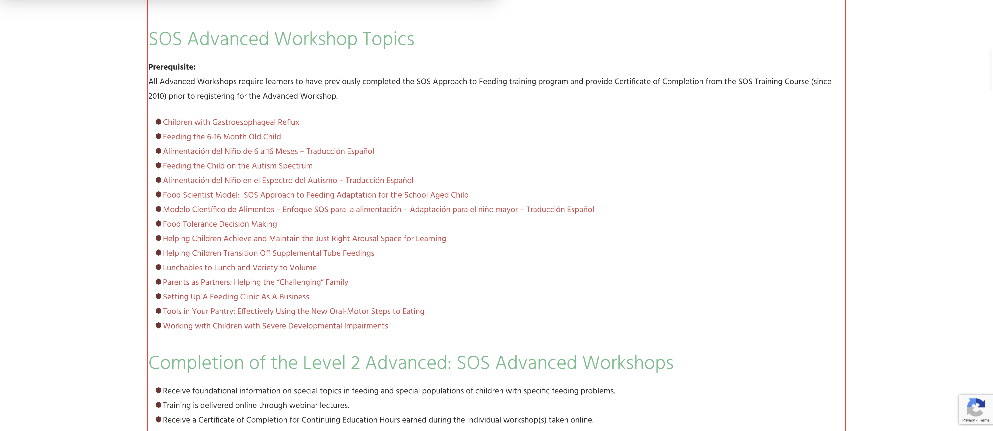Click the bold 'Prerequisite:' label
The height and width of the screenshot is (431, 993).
coord(172,67)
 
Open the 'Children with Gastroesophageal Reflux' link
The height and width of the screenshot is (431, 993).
coord(231,122)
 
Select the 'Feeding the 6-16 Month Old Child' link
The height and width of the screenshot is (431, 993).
coord(222,137)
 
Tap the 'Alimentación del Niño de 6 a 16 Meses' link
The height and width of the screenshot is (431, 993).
coord(268,151)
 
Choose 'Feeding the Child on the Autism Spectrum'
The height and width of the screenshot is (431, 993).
coord(237,166)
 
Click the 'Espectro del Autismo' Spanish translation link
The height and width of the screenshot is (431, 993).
coord(288,180)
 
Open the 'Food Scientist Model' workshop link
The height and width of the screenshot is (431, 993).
coord(316,195)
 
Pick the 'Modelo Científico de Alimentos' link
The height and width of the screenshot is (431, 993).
coord(378,209)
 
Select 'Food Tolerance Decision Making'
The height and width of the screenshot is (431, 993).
coord(220,224)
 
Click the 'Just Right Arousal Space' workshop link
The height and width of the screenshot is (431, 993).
coord(304,239)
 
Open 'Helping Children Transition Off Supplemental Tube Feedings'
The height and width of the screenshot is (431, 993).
coord(268,253)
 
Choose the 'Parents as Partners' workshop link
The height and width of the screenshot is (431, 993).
coord(256,282)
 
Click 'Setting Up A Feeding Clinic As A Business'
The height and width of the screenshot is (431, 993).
coord(236,297)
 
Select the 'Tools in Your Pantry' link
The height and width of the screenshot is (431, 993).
coord(293,311)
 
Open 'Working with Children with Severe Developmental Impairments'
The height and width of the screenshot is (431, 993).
coord(275,326)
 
